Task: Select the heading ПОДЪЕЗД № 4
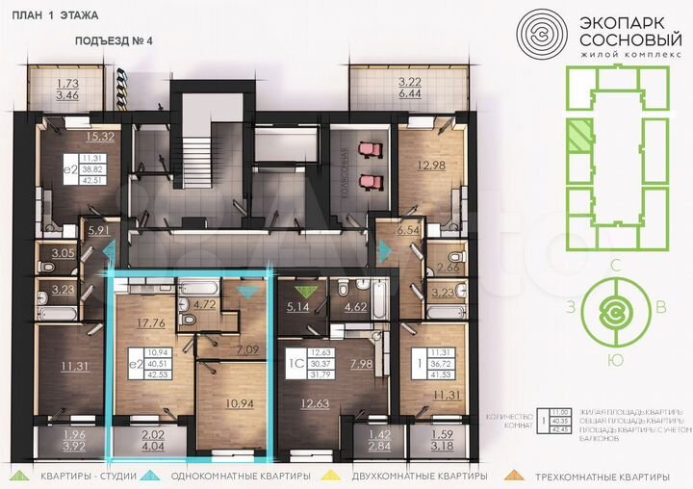click(x=114, y=42)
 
